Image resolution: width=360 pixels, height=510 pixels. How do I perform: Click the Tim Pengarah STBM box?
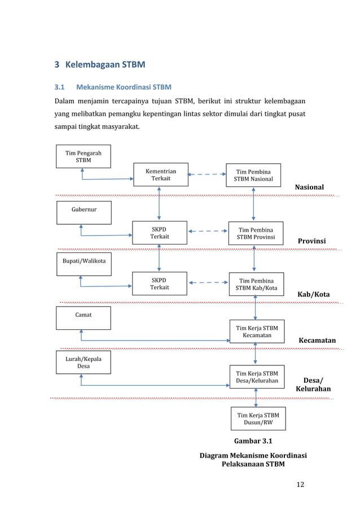click(83, 156)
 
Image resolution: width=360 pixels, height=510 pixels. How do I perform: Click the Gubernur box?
click(83, 212)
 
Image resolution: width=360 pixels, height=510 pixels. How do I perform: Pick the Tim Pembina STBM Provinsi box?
click(256, 234)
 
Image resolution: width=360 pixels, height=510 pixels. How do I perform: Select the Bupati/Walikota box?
click(83, 264)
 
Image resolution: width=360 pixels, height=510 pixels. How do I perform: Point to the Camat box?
click(83, 317)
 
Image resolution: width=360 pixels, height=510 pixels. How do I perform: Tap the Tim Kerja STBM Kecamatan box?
click(256, 332)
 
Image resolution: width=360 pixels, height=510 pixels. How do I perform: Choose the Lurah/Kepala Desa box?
click(83, 362)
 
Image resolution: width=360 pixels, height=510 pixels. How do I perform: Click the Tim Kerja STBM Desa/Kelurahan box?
click(256, 377)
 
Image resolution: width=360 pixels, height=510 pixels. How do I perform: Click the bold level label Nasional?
click(310, 187)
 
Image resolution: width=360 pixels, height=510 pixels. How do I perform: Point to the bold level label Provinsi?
click(311, 241)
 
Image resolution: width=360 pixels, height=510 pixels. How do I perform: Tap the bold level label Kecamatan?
click(317, 341)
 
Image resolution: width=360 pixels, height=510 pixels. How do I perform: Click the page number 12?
click(300, 484)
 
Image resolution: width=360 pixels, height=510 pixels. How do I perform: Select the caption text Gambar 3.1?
click(252, 441)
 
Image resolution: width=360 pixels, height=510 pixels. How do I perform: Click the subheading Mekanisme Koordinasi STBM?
click(124, 88)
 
